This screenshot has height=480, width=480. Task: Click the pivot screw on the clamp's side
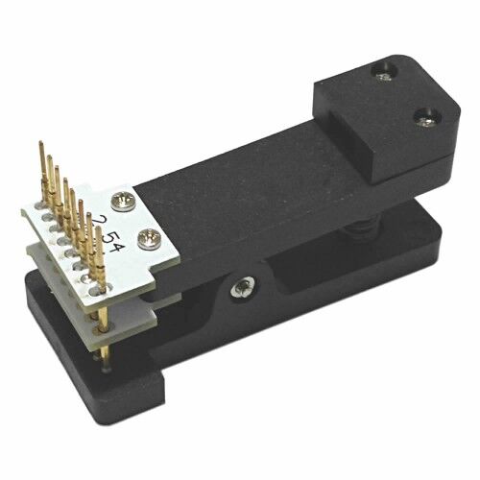244,287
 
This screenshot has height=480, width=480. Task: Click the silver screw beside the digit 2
123,202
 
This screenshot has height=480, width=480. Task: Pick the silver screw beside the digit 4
150,239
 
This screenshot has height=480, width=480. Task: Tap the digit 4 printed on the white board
114,247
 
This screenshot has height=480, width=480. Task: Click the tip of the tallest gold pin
40,142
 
